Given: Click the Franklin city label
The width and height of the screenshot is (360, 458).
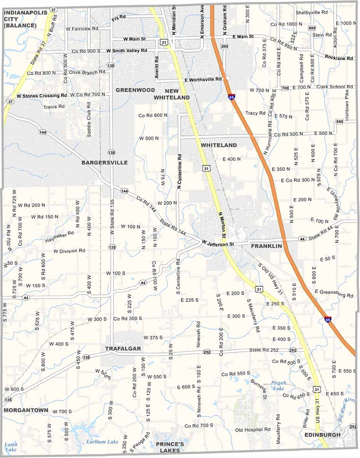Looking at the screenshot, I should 266,246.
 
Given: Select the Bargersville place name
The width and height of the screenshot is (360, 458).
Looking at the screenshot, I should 104,163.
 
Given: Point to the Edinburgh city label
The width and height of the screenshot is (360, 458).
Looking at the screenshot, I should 322,435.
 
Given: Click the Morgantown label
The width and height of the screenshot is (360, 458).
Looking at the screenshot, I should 26,410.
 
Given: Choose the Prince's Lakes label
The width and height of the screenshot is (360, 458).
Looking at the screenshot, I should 170,448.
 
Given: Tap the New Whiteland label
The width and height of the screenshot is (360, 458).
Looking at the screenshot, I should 172,94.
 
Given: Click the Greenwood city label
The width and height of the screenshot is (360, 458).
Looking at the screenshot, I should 135,90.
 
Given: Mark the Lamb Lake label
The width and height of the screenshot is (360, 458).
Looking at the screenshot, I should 10,447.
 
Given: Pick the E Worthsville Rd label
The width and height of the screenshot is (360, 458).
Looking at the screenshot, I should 203,79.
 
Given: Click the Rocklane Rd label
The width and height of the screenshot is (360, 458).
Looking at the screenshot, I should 339,58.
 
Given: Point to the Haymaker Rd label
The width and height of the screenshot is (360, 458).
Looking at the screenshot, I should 59,237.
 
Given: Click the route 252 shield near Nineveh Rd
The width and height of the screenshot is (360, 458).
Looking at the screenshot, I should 207,352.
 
